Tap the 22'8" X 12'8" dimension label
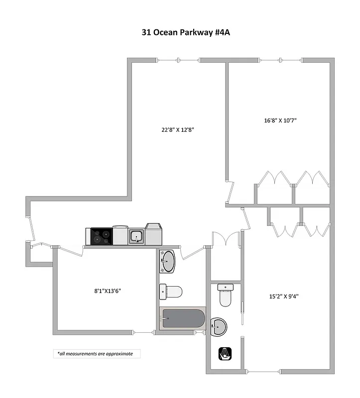pos(177,130)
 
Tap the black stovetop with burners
pos(101,236)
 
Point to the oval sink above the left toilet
pos(168,262)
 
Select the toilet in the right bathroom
pos(225,295)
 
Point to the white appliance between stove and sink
pos(120,235)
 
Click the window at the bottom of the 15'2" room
pos(263,371)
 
